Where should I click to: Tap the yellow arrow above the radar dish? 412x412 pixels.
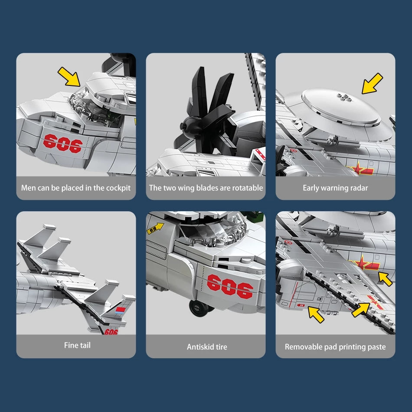coord(372,83)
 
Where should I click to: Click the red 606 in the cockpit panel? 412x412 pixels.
coord(62,144)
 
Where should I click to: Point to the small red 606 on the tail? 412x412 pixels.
coord(111,332)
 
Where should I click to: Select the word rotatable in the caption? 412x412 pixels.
coord(248,188)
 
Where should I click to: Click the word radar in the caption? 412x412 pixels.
coord(358,188)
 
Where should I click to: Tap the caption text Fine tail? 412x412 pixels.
coord(77,345)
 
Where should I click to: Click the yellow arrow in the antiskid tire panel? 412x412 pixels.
coord(156,228)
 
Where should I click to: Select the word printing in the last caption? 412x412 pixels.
coord(353,347)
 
